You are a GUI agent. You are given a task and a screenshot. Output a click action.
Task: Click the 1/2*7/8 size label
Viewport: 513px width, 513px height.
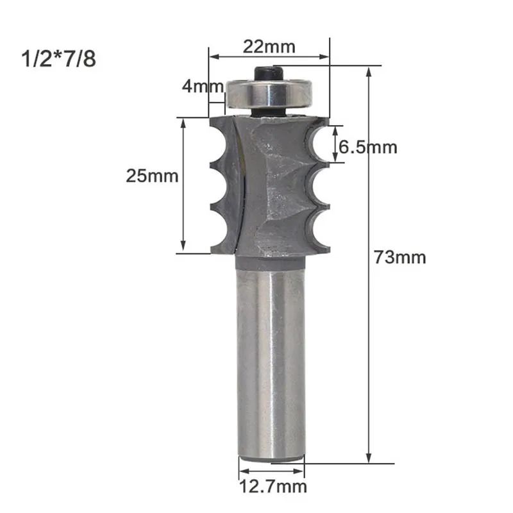point(58,59)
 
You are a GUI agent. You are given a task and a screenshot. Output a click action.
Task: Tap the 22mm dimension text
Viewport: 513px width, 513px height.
point(269,47)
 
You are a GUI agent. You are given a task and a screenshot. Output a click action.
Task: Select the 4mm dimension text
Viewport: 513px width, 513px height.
point(203,87)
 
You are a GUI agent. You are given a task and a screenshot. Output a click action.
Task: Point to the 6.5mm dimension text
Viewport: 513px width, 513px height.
point(367,147)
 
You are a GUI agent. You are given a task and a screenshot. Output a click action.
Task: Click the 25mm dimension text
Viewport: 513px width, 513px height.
point(152,176)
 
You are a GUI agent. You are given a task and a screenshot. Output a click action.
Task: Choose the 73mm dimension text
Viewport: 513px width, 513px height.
point(400,257)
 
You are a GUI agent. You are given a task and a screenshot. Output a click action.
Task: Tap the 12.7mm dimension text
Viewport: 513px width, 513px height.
point(273,487)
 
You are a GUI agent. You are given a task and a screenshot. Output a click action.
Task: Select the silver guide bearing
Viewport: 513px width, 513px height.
point(269,94)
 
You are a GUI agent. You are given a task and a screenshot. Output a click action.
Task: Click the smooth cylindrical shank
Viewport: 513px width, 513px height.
point(271,360)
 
